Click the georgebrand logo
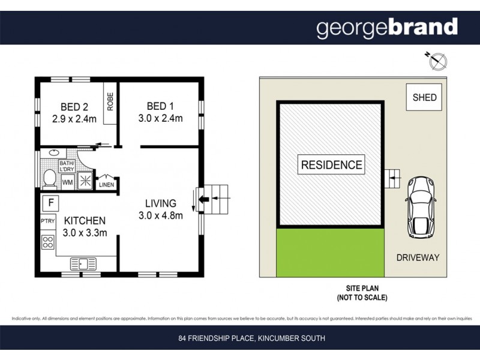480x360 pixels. click(387, 28)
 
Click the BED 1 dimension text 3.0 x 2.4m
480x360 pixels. click(160, 118)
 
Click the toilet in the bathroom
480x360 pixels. click(50, 178)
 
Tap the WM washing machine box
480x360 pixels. click(68, 181)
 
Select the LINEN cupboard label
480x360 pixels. click(106, 184)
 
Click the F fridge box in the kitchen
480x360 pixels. click(51, 202)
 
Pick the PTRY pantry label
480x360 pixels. click(48, 221)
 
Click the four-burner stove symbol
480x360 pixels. click(49, 243)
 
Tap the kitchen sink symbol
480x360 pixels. click(84, 263)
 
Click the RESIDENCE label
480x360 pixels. click(331, 165)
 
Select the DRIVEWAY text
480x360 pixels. click(418, 257)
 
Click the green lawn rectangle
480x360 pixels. click(330, 253)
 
